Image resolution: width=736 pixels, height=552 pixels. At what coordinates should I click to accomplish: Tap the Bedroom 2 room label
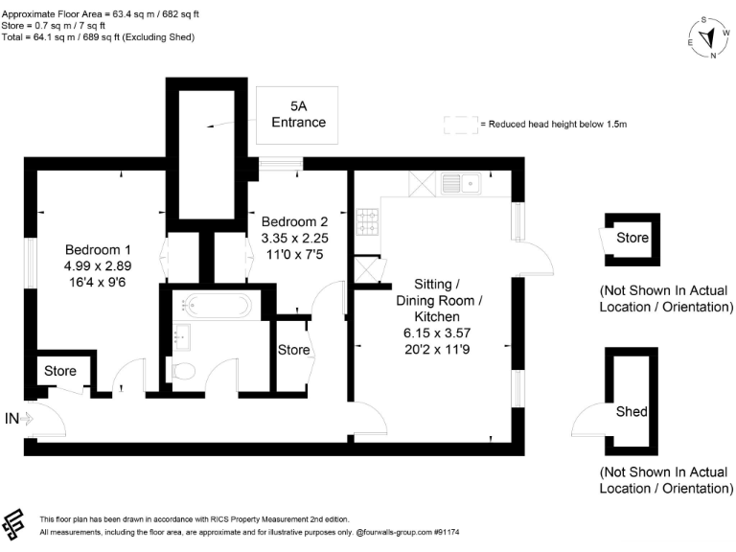(295, 221)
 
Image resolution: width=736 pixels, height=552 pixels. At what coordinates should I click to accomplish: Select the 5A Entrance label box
(298, 113)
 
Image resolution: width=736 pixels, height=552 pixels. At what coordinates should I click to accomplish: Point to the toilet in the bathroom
(183, 371)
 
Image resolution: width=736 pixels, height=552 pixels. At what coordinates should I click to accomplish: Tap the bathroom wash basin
(180, 336)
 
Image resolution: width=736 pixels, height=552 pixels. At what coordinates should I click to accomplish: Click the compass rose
(709, 37)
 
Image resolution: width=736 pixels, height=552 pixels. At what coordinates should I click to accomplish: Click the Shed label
(632, 412)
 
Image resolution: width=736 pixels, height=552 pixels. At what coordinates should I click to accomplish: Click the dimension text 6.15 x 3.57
(437, 333)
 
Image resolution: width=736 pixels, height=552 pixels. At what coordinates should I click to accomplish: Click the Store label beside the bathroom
(294, 350)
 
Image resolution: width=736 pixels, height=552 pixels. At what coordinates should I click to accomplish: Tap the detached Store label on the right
(632, 238)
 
